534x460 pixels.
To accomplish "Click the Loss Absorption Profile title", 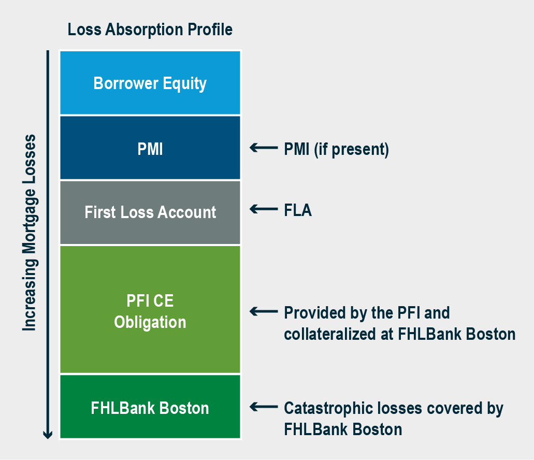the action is [x=150, y=30].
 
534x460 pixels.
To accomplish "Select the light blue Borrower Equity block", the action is [x=150, y=83].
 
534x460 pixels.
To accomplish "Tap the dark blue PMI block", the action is [x=150, y=148].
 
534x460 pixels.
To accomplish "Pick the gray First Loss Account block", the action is [x=150, y=212].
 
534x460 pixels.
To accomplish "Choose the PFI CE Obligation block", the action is [x=150, y=309].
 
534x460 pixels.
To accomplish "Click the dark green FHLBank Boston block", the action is [x=150, y=407].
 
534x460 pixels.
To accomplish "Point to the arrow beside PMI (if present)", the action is [x=264, y=148].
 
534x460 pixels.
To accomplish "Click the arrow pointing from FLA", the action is [x=264, y=209].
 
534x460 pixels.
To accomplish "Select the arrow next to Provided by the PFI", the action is [x=264, y=311].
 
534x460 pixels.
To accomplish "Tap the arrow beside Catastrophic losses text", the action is [x=264, y=407].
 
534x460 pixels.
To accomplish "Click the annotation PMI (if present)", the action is [x=337, y=150].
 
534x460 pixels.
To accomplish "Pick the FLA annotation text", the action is [x=298, y=210].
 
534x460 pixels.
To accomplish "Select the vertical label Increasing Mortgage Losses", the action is [x=30, y=233].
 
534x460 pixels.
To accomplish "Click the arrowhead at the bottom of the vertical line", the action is [x=48, y=435].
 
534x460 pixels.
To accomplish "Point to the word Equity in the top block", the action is [x=184, y=84].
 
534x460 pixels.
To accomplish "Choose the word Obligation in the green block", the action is [x=150, y=322].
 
